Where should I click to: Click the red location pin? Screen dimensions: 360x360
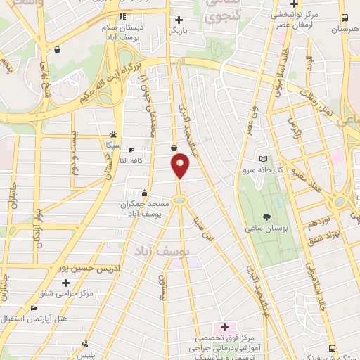pos(181,166)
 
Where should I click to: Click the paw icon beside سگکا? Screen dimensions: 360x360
pos(113,134)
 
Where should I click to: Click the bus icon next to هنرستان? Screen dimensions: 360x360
pos(344,18)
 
